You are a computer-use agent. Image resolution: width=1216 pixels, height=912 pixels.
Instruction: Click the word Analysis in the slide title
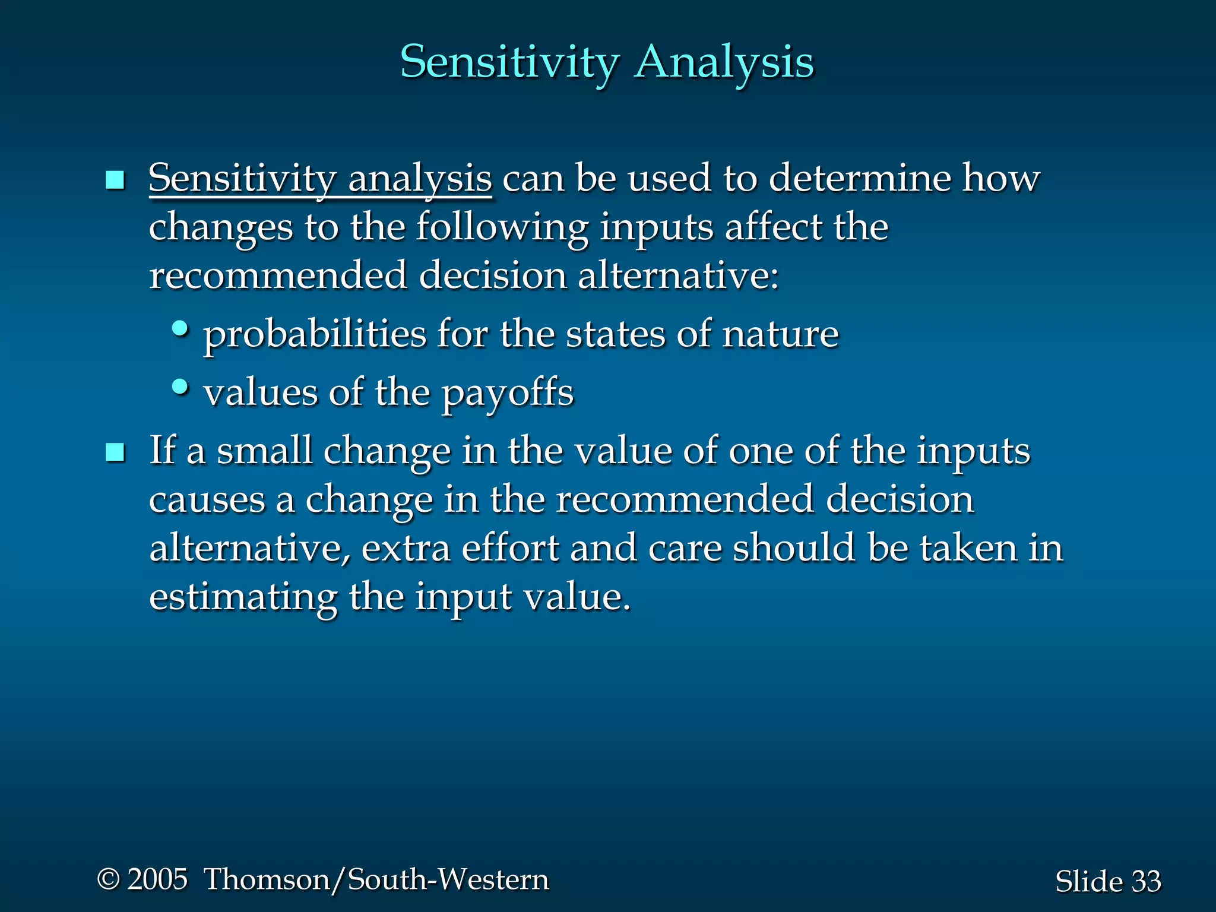[724, 62]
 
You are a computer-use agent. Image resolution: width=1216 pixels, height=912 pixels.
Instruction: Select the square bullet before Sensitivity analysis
[115, 180]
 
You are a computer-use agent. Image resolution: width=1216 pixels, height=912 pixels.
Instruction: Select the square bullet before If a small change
[115, 452]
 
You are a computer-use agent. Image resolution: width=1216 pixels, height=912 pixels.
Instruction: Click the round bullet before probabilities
[180, 328]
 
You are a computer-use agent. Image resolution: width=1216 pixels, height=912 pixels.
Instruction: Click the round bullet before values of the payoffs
[180, 387]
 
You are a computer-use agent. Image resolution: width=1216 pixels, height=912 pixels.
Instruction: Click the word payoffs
[508, 394]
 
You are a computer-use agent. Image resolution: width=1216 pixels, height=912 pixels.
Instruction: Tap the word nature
[780, 334]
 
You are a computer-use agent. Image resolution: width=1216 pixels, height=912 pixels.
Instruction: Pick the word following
[502, 228]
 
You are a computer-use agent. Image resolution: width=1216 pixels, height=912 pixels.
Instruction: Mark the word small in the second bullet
[264, 451]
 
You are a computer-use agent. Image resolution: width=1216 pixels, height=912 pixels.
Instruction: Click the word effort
[510, 548]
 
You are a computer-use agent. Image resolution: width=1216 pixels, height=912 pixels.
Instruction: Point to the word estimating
[243, 597]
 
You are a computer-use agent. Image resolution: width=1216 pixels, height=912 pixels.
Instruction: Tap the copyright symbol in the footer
[108, 879]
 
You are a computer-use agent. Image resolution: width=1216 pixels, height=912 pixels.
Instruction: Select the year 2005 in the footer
[158, 879]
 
